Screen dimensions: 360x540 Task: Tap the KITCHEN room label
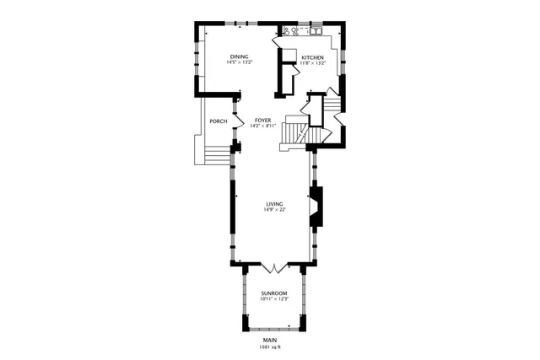coord(313,56)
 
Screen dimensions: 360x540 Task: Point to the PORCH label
coord(219,121)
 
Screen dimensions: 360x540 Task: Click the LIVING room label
coord(274,204)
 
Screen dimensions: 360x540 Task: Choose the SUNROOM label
coord(274,293)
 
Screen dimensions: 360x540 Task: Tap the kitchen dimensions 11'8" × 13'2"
coord(313,62)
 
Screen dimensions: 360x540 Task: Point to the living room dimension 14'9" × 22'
coord(274,210)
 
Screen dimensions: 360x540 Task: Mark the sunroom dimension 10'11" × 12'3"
coord(274,298)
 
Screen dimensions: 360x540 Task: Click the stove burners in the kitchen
coord(289,32)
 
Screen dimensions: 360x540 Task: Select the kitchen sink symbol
coord(318,32)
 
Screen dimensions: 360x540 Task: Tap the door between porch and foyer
coord(235,119)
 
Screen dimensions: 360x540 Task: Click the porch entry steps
coord(217,155)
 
